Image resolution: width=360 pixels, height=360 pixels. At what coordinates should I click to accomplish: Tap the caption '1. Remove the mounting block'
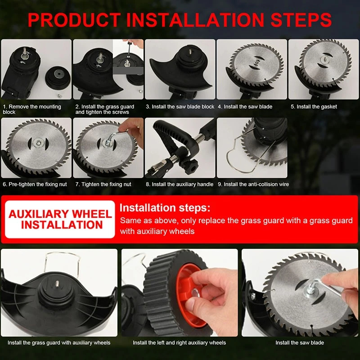click(32, 109)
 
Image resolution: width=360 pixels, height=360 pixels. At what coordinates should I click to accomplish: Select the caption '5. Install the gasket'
click(314, 107)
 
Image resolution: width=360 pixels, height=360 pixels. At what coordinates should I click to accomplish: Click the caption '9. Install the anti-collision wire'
click(253, 184)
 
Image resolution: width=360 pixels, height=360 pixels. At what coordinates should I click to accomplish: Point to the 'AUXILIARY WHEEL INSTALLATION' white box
click(60, 219)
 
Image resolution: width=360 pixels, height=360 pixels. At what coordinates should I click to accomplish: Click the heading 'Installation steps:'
click(165, 208)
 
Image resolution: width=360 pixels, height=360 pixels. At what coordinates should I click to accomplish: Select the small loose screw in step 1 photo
click(59, 95)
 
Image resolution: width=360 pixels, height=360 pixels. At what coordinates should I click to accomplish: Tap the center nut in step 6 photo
click(37, 144)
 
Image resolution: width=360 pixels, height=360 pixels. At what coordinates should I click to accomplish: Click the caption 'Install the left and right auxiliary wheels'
click(179, 342)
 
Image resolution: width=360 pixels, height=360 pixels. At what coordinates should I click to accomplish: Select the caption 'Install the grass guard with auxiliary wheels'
click(59, 342)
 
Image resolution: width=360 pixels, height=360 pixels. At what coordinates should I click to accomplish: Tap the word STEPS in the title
click(301, 20)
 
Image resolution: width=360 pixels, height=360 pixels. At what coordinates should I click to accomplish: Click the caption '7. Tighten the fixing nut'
click(103, 184)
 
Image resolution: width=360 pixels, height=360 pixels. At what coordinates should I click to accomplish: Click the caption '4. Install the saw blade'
click(245, 107)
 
